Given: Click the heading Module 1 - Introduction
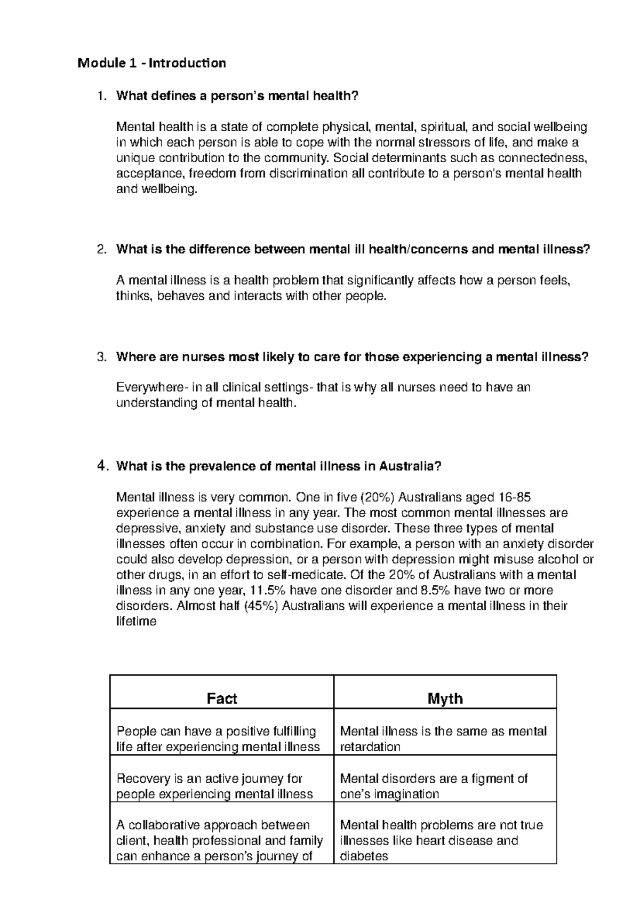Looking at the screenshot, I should [x=151, y=63].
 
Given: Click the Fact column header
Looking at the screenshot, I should [x=222, y=698].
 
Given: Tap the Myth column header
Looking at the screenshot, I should [x=445, y=698].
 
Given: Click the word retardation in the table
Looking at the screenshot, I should [x=370, y=746].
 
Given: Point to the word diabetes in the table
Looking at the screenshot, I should [x=364, y=856].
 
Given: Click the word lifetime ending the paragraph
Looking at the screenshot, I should [x=136, y=621].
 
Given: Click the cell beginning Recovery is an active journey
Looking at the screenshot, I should [x=221, y=786].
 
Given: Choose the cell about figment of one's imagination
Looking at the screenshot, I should [x=445, y=786].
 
